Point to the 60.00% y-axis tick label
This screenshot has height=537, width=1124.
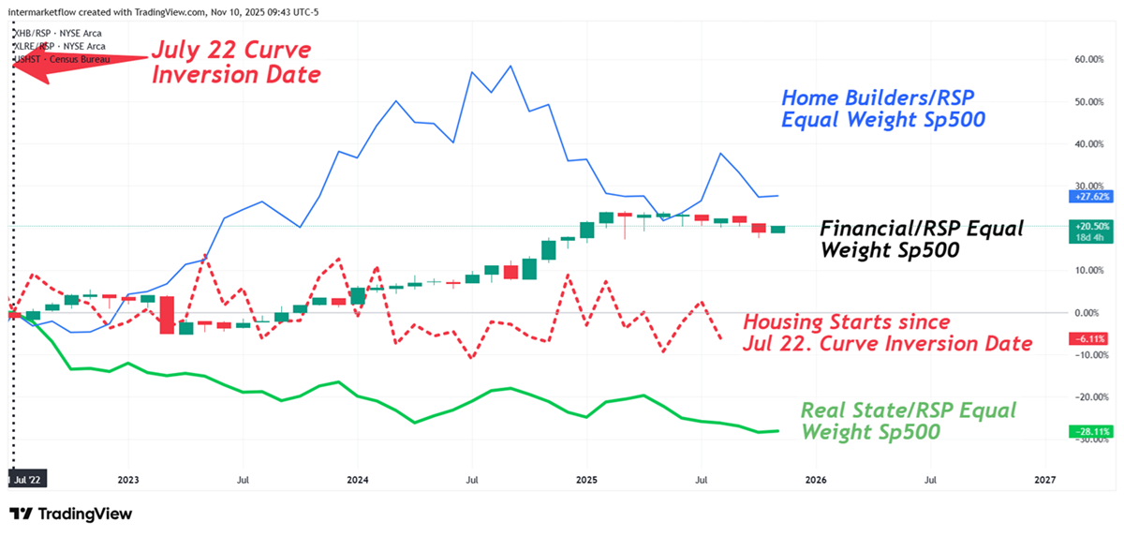point(1087,59)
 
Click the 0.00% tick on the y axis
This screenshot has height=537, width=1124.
point(1087,312)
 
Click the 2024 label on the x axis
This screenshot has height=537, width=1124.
point(357,479)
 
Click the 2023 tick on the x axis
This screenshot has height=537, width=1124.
point(128,479)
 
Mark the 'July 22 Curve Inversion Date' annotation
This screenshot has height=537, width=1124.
point(236,61)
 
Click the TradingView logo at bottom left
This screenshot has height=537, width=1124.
point(71,514)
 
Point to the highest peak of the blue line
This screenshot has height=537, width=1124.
point(510,66)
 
